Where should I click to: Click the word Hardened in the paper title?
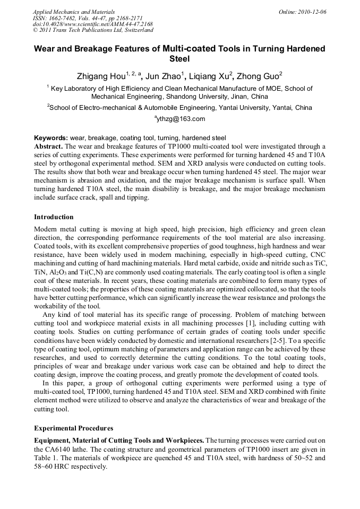(x=304, y=48)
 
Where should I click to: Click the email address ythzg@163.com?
(x=181, y=119)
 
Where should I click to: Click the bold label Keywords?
(x=51, y=137)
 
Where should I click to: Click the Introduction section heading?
(x=54, y=217)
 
